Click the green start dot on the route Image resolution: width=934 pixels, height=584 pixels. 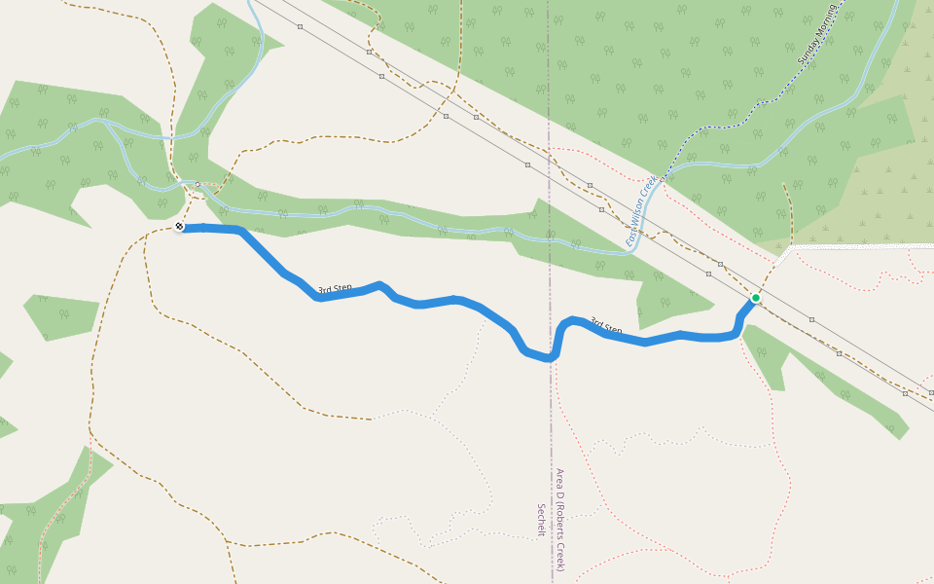pyautogui.click(x=755, y=298)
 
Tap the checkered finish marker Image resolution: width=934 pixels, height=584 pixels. pyautogui.click(x=179, y=229)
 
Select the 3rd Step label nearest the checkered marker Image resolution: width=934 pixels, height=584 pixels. pyautogui.click(x=335, y=289)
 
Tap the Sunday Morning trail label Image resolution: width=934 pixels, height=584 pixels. pyautogui.click(x=817, y=37)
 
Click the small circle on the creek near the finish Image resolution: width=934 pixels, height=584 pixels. pyautogui.click(x=198, y=184)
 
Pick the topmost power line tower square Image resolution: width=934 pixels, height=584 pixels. pyautogui.click(x=301, y=26)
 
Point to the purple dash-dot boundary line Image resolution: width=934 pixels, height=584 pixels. pyautogui.click(x=549, y=146)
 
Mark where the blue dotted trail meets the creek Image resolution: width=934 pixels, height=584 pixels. pyautogui.click(x=665, y=177)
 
